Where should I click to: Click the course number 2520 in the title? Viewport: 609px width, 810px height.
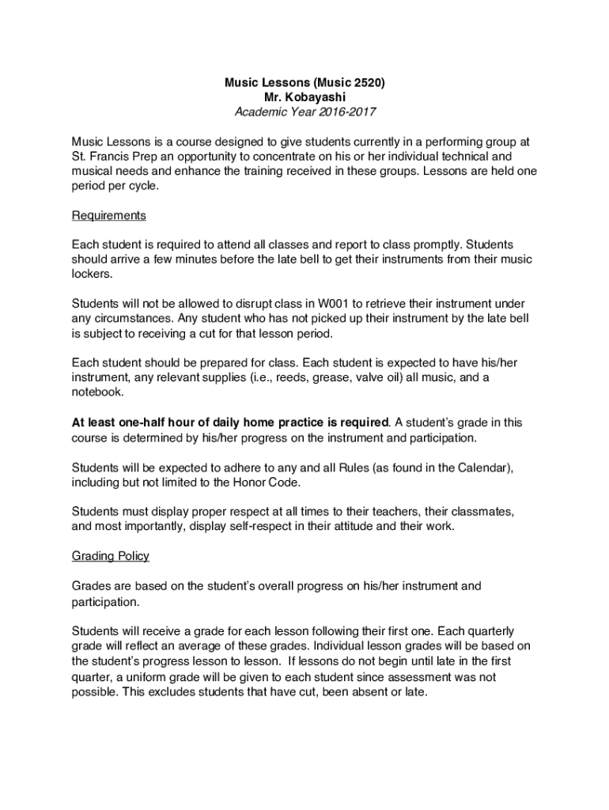[x=365, y=82]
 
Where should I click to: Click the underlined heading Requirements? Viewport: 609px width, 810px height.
[x=109, y=215]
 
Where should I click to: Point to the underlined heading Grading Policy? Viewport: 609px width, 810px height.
[x=111, y=555]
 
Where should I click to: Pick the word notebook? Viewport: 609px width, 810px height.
[x=98, y=392]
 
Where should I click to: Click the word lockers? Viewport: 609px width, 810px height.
[x=92, y=274]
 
